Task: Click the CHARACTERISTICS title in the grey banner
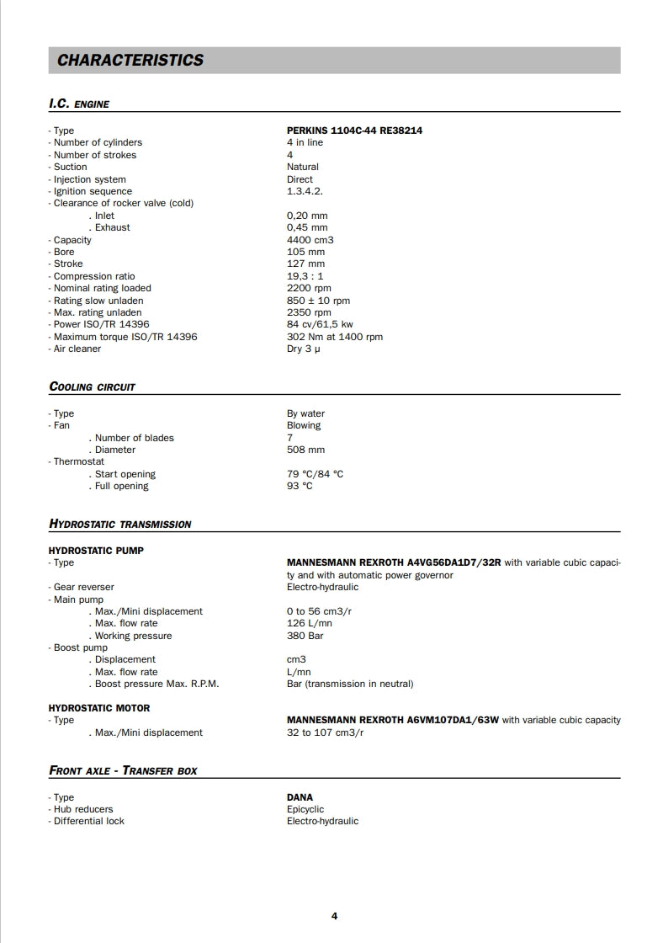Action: [x=130, y=61]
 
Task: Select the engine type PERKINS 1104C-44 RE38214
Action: [x=354, y=131]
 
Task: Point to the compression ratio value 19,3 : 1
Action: [x=305, y=276]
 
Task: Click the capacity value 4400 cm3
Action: [x=310, y=240]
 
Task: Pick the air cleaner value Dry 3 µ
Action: [x=304, y=349]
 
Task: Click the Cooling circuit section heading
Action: [x=93, y=387]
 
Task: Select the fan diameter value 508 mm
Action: [x=305, y=450]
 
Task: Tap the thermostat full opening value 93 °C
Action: [x=300, y=486]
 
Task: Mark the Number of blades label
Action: [x=134, y=438]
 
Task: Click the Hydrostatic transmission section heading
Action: [x=120, y=524]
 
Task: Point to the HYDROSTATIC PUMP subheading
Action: [x=96, y=551]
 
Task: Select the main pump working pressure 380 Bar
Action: [x=305, y=636]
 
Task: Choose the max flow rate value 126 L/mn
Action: [x=309, y=623]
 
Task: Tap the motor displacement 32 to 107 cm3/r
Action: [x=325, y=733]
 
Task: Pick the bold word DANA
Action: [x=300, y=797]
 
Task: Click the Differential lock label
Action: [x=88, y=821]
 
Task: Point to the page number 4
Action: [x=334, y=916]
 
